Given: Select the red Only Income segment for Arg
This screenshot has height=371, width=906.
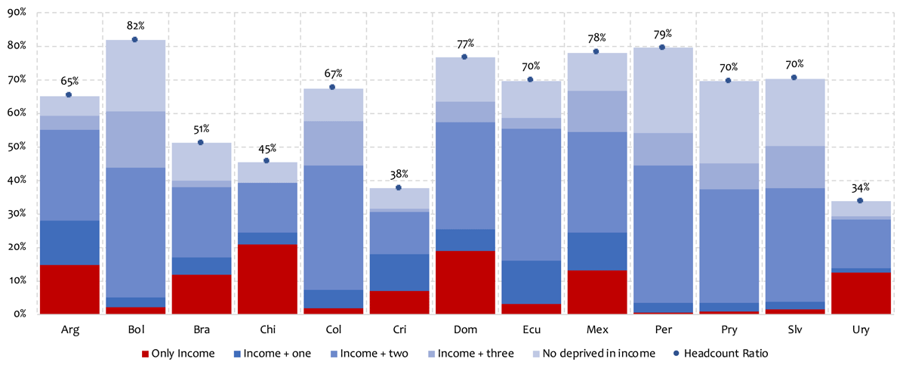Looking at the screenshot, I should [x=69, y=289].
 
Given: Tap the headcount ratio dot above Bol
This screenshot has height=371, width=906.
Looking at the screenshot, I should [x=134, y=39].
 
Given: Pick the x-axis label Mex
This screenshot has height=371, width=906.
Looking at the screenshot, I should [x=596, y=329].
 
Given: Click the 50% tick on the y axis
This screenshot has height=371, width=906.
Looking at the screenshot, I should [x=16, y=147].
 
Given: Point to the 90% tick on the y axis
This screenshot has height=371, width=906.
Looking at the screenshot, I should [x=16, y=13].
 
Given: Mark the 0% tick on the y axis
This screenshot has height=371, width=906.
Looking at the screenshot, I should [x=18, y=314].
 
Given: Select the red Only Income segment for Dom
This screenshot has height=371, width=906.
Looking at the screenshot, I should [x=464, y=282].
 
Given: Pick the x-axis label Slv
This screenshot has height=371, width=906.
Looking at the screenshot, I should [x=794, y=329].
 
